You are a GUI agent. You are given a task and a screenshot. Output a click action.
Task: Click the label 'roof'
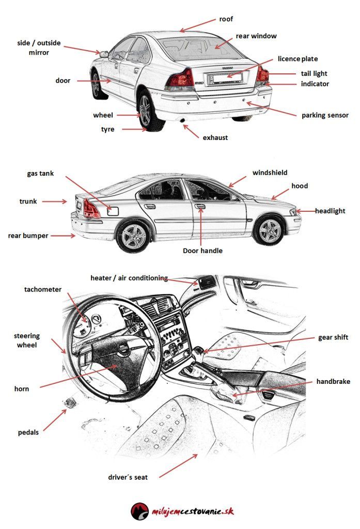(226, 19)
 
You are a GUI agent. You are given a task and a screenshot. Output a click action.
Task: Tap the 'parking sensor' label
(325, 115)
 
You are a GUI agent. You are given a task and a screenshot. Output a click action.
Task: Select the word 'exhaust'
(215, 138)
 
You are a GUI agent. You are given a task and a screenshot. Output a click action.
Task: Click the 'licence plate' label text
(298, 59)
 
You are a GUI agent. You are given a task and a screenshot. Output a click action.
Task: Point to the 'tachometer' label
(43, 289)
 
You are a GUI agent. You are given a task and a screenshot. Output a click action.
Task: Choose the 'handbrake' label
(333, 382)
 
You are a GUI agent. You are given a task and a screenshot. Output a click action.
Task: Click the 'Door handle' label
(203, 251)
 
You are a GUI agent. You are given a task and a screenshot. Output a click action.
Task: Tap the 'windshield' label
(270, 173)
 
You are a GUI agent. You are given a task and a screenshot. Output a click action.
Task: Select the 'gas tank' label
(40, 174)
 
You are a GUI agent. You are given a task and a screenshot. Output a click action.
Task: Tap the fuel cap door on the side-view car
(114, 210)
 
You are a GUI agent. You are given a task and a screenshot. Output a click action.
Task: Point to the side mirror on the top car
(104, 54)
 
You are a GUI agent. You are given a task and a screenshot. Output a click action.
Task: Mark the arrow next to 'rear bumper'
(64, 236)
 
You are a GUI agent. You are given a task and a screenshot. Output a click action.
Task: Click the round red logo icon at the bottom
(139, 510)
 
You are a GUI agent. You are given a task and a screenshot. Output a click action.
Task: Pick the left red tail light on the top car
(180, 80)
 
